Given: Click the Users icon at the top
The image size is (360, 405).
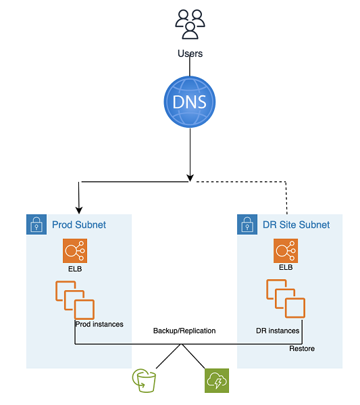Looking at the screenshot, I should pos(190,24).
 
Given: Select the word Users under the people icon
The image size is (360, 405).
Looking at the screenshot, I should pos(190,53).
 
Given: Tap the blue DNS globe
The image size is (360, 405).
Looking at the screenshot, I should pos(190,103).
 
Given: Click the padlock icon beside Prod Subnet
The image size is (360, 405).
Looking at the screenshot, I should pos(36,224).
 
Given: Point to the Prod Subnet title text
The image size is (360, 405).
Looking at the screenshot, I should pos(79,224).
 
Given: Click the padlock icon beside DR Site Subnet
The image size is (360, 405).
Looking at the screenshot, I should pos(247,224).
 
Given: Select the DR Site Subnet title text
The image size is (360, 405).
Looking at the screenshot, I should pos(295,224).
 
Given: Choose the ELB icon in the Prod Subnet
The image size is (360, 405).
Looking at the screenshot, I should pos(74,252).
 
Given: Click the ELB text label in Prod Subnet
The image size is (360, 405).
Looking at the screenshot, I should pos(74,270).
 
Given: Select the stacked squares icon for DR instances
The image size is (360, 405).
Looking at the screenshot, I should pos(286,299).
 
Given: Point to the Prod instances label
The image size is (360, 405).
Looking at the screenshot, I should pos(99,324).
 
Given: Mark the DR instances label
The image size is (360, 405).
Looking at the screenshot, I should pos(277,331).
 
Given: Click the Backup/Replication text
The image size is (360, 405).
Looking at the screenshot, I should pos(184,331).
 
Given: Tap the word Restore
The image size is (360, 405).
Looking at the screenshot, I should pos(302,349).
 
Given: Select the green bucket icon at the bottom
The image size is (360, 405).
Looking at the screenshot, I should pos(145,381).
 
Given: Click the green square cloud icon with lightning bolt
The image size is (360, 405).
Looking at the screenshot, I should pos(217,381).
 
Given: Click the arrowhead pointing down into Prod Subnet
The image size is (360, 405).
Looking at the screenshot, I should pos(80,209).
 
